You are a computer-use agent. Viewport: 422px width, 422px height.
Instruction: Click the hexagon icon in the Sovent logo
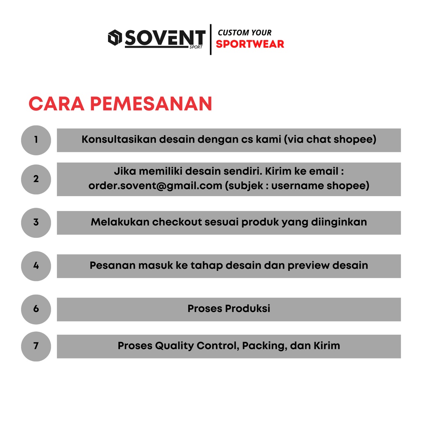tap(115, 38)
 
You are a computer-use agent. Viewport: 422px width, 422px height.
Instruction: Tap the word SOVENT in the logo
tap(165, 38)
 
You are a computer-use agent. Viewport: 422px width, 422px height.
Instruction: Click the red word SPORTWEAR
tap(250, 44)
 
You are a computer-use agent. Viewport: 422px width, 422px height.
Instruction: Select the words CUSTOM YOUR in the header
tap(245, 33)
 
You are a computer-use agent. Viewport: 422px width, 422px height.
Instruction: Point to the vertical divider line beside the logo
tap(211, 39)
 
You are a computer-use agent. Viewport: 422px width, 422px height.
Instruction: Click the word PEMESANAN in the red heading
tap(151, 104)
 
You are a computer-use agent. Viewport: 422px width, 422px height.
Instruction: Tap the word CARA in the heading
tap(56, 104)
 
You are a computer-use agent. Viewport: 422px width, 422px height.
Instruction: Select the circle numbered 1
tap(36, 140)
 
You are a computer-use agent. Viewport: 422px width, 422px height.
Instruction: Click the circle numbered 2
tap(36, 179)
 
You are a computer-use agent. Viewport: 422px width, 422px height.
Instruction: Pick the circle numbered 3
tap(36, 223)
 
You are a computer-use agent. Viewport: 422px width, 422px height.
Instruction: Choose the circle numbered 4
tap(36, 266)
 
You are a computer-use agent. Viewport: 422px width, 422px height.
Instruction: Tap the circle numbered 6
tap(36, 309)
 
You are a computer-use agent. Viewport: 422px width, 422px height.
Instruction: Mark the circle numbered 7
tap(36, 346)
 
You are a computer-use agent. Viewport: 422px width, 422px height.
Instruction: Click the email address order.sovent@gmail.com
tap(155, 186)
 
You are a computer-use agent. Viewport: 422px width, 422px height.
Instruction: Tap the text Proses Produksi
tap(229, 308)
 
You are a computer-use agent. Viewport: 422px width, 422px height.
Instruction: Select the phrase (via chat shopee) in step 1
tap(330, 139)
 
